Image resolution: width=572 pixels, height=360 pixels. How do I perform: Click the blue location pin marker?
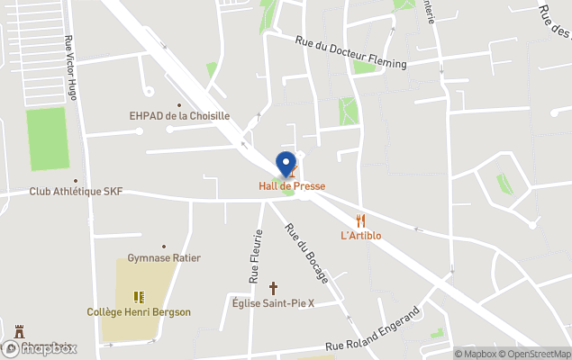click(287, 165)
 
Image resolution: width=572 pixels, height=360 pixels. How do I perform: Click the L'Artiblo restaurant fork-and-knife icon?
click(361, 220)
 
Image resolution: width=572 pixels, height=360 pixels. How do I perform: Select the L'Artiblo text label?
click(361, 236)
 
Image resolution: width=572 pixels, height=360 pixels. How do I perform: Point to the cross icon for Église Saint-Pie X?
click(274, 288)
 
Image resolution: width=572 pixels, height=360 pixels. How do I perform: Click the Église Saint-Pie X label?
click(273, 303)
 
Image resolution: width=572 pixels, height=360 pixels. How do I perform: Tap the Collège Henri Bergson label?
click(139, 312)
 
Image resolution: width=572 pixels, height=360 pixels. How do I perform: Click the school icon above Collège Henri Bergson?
click(140, 296)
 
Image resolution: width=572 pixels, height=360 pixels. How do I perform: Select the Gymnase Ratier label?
click(164, 258)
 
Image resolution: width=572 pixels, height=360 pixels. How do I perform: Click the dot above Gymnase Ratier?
click(164, 246)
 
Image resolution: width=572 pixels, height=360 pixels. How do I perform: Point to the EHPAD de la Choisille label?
click(179, 116)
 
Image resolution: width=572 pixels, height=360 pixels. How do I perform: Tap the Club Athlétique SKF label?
click(76, 192)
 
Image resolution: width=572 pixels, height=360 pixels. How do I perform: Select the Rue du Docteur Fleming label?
click(351, 51)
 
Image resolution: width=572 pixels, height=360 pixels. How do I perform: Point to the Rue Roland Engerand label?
click(372, 330)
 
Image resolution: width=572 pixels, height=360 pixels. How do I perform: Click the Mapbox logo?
click(40, 348)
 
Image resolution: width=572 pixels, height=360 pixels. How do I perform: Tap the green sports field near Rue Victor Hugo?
click(48, 139)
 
